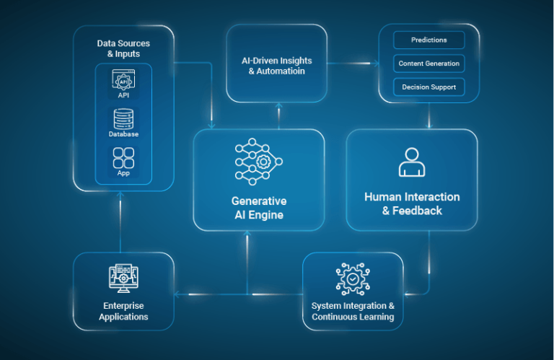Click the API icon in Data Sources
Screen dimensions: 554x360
click(123, 79)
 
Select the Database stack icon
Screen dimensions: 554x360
click(123, 119)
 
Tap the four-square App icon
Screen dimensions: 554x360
click(123, 158)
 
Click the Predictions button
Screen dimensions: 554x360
click(429, 40)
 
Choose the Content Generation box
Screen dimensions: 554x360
click(429, 63)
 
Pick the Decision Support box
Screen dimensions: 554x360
click(429, 87)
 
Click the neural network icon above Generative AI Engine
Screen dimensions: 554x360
click(259, 162)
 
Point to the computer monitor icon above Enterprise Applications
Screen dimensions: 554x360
click(123, 278)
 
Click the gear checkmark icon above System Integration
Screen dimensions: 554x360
click(353, 279)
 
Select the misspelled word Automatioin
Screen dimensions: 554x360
click(281, 71)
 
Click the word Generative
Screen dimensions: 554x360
click(259, 201)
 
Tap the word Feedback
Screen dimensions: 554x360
click(417, 211)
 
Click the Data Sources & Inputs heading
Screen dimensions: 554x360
click(123, 48)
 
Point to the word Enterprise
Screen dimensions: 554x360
click(123, 306)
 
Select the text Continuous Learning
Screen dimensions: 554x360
click(353, 317)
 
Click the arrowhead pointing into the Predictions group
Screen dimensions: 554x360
click(377, 63)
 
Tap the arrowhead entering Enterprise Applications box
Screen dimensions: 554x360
click(177, 294)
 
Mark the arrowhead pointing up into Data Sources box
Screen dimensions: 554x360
click(120, 194)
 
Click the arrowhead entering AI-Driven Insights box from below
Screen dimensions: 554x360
click(278, 105)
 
